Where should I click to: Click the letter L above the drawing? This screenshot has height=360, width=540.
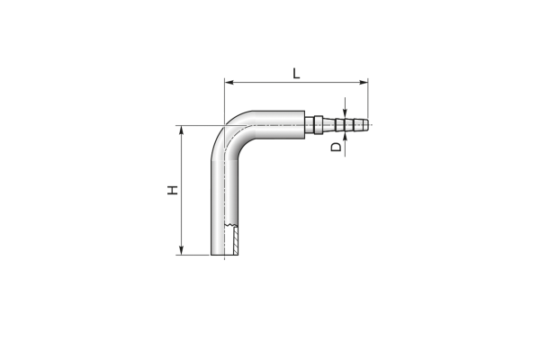(x=296, y=74)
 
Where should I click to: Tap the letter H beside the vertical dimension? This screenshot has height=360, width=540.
(x=173, y=190)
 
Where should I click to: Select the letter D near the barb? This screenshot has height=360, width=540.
(x=336, y=147)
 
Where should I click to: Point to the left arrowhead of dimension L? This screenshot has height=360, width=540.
(x=229, y=82)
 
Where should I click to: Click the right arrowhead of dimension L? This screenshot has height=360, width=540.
(x=364, y=82)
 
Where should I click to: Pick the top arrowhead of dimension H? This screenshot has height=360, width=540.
(x=182, y=130)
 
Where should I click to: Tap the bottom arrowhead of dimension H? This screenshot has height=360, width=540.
(x=182, y=250)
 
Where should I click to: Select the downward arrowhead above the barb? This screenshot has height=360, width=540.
(x=345, y=114)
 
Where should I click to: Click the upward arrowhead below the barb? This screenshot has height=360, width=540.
(x=345, y=137)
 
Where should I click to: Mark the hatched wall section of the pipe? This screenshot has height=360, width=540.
(x=236, y=240)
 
